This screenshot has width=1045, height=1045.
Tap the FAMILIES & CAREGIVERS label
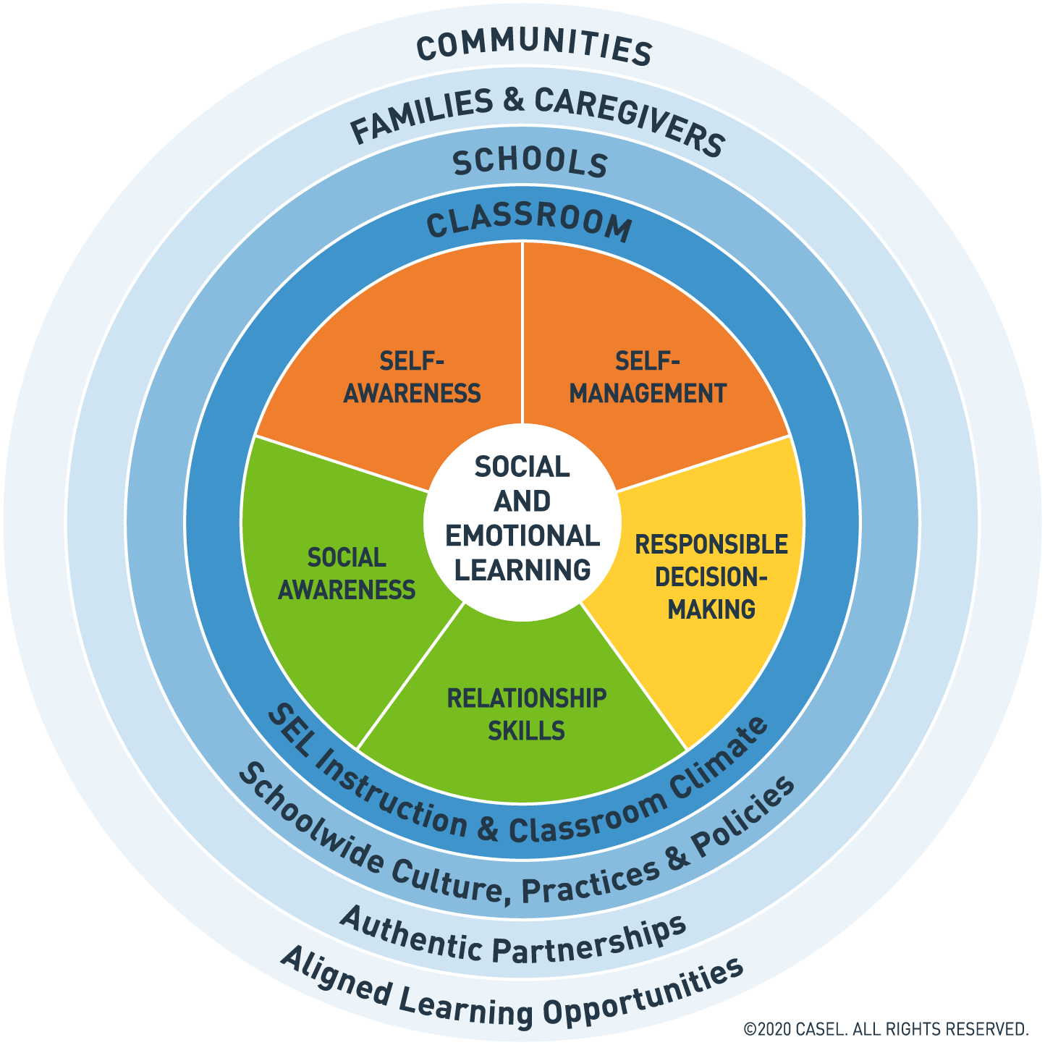[x=536, y=116]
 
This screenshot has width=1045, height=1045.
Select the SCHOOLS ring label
[x=530, y=163]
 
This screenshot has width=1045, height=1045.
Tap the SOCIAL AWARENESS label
[x=347, y=574]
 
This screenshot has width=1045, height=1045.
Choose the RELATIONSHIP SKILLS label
[x=526, y=714]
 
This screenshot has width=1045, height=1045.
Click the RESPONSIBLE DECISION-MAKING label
[x=711, y=577]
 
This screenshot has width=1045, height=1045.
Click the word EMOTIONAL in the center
[x=522, y=536]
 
